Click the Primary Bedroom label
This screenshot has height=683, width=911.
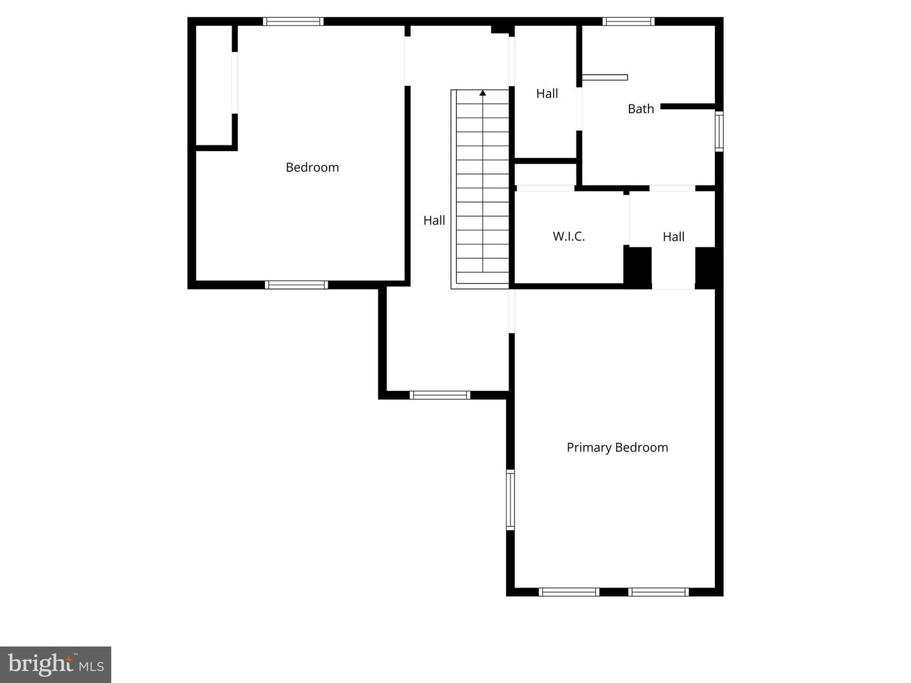(x=617, y=448)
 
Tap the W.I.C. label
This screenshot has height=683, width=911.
(x=569, y=237)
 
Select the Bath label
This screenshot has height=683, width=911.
(x=640, y=109)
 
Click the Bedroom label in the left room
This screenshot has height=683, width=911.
(x=312, y=168)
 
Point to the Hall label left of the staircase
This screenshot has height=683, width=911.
(x=434, y=221)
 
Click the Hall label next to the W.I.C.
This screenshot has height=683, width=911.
(x=673, y=237)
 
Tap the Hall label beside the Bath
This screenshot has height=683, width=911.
(x=547, y=94)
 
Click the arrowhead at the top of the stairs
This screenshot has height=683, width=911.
(x=483, y=93)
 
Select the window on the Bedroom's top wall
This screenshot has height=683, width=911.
(x=293, y=22)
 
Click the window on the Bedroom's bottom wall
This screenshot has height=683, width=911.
(x=296, y=285)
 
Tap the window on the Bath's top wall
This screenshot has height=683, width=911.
(x=628, y=22)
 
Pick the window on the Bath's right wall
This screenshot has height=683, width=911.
(x=719, y=131)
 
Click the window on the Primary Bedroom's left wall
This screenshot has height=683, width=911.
(x=510, y=499)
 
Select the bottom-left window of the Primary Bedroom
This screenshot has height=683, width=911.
(x=569, y=592)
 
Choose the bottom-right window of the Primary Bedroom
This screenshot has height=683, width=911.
(x=658, y=592)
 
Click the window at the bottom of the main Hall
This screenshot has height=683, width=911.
(x=440, y=395)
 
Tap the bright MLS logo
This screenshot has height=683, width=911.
(x=56, y=665)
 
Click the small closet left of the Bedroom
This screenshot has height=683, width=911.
(x=214, y=85)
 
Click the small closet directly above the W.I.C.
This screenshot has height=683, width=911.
(x=545, y=174)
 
